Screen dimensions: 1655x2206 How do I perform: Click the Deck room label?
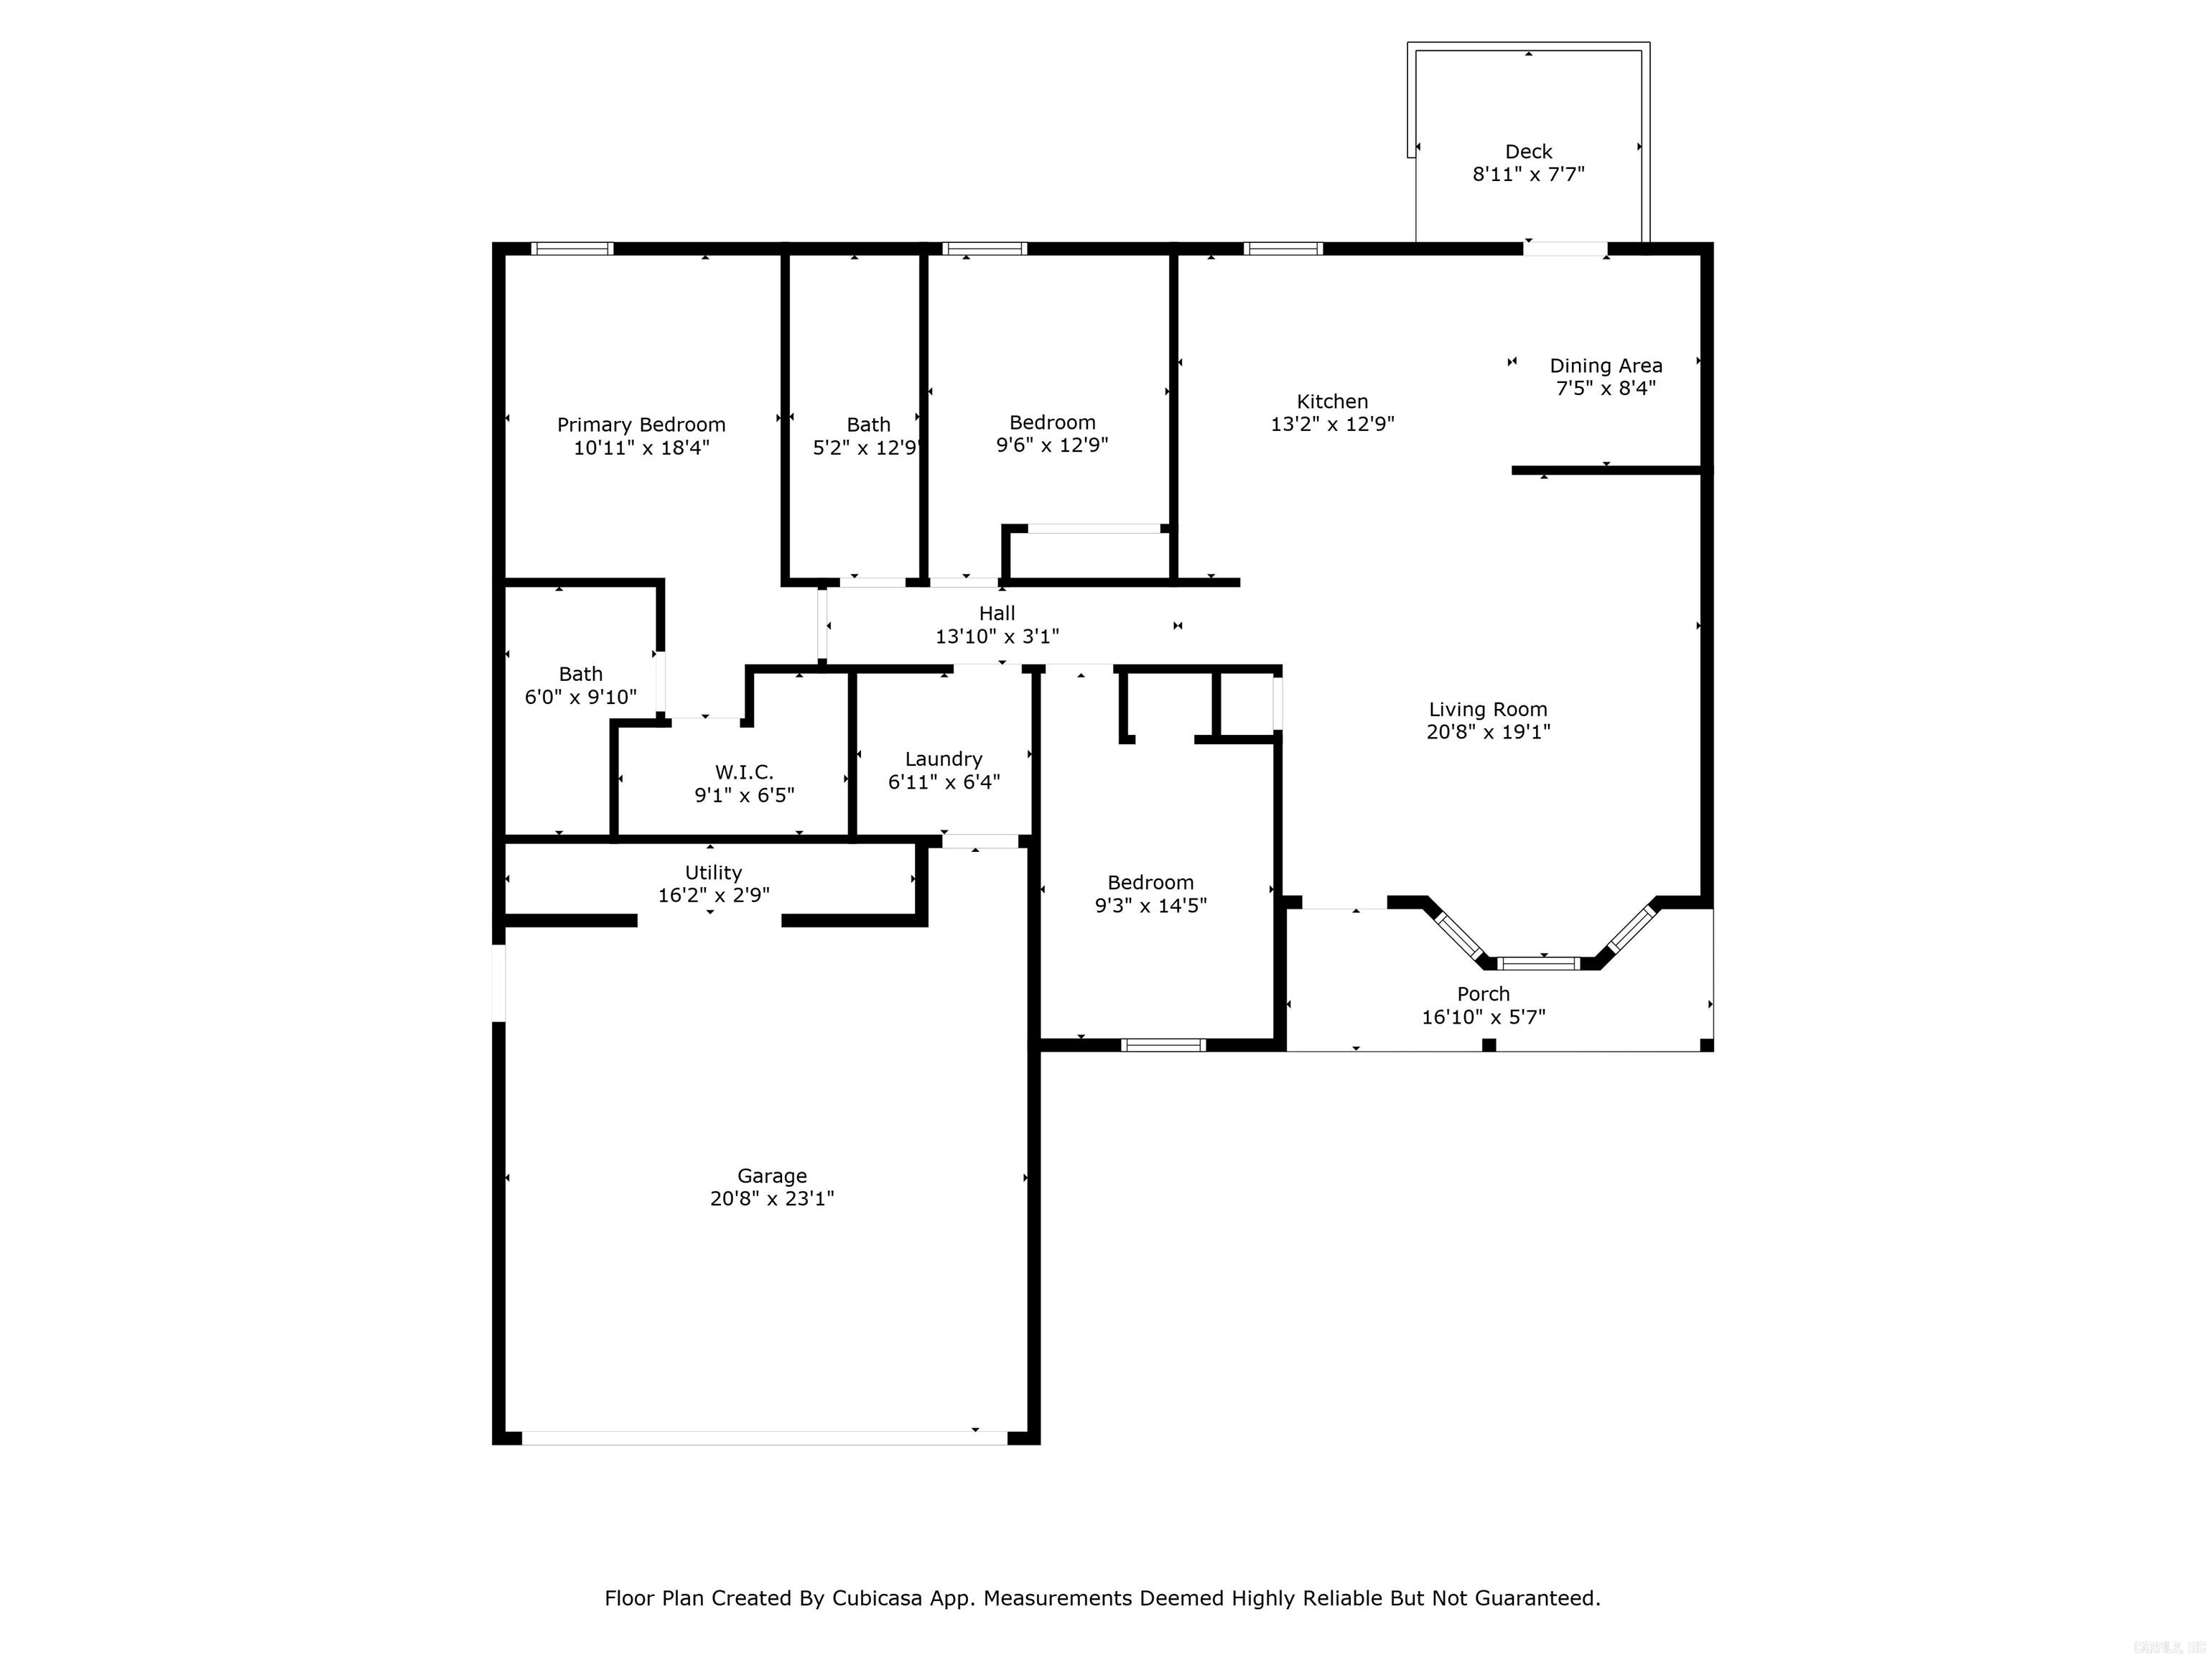(1528, 152)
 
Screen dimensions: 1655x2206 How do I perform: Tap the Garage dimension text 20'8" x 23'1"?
(772, 1198)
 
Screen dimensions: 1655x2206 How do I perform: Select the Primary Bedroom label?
(641, 425)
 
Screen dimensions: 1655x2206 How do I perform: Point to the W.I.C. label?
(744, 772)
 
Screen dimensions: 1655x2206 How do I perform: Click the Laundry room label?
(944, 759)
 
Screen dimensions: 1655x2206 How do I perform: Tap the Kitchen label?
(1331, 401)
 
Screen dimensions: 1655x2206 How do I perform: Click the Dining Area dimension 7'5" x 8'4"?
(1606, 388)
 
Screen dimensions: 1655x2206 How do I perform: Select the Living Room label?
(1488, 709)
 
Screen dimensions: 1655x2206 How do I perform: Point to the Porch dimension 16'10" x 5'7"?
(1483, 1016)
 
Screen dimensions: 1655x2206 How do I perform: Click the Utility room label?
(713, 873)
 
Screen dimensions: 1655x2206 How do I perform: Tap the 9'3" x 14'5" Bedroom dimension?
(1151, 906)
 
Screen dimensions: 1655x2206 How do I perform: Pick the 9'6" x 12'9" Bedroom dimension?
(1052, 445)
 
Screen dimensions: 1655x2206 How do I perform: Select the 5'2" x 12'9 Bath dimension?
(865, 448)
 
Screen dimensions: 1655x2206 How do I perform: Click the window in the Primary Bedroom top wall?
(572, 249)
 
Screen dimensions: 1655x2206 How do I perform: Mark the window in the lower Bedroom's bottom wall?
(1163, 1044)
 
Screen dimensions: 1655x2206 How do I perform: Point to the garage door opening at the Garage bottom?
(764, 1437)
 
